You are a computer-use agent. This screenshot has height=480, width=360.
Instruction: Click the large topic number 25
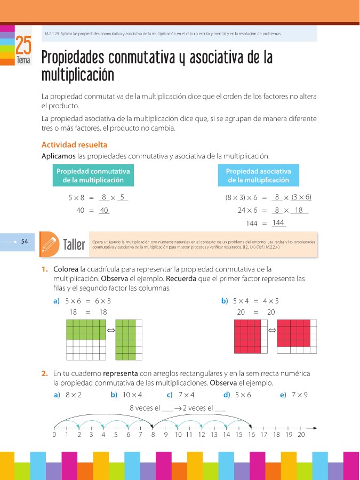point(23,45)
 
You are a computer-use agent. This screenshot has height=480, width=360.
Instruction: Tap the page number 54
point(25,242)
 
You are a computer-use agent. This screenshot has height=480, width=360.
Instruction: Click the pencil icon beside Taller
point(49,244)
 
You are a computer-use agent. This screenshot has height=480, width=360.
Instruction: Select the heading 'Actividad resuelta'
point(74,145)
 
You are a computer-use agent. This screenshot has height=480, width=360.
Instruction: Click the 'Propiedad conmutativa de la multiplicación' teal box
point(93,175)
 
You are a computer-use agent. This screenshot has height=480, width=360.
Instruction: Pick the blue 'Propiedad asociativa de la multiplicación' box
point(259,175)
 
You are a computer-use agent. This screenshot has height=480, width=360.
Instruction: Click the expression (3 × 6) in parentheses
point(301,197)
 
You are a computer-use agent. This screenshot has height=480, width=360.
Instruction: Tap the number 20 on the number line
point(301,435)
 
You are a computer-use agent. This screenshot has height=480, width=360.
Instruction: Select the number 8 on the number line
point(153,435)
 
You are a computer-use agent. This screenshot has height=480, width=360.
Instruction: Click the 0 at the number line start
point(54,435)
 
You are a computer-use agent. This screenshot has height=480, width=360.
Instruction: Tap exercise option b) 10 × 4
point(126,395)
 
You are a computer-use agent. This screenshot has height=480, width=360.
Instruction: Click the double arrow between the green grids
point(111,331)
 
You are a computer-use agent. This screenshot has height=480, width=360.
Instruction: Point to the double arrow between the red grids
point(271,331)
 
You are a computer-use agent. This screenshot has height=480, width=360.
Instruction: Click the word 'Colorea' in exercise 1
point(66,269)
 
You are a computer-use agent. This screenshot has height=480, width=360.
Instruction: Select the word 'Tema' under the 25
point(23,61)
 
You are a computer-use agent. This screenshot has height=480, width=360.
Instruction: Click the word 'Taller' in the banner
point(74,245)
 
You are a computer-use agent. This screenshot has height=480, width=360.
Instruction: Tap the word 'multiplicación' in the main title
point(78,75)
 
